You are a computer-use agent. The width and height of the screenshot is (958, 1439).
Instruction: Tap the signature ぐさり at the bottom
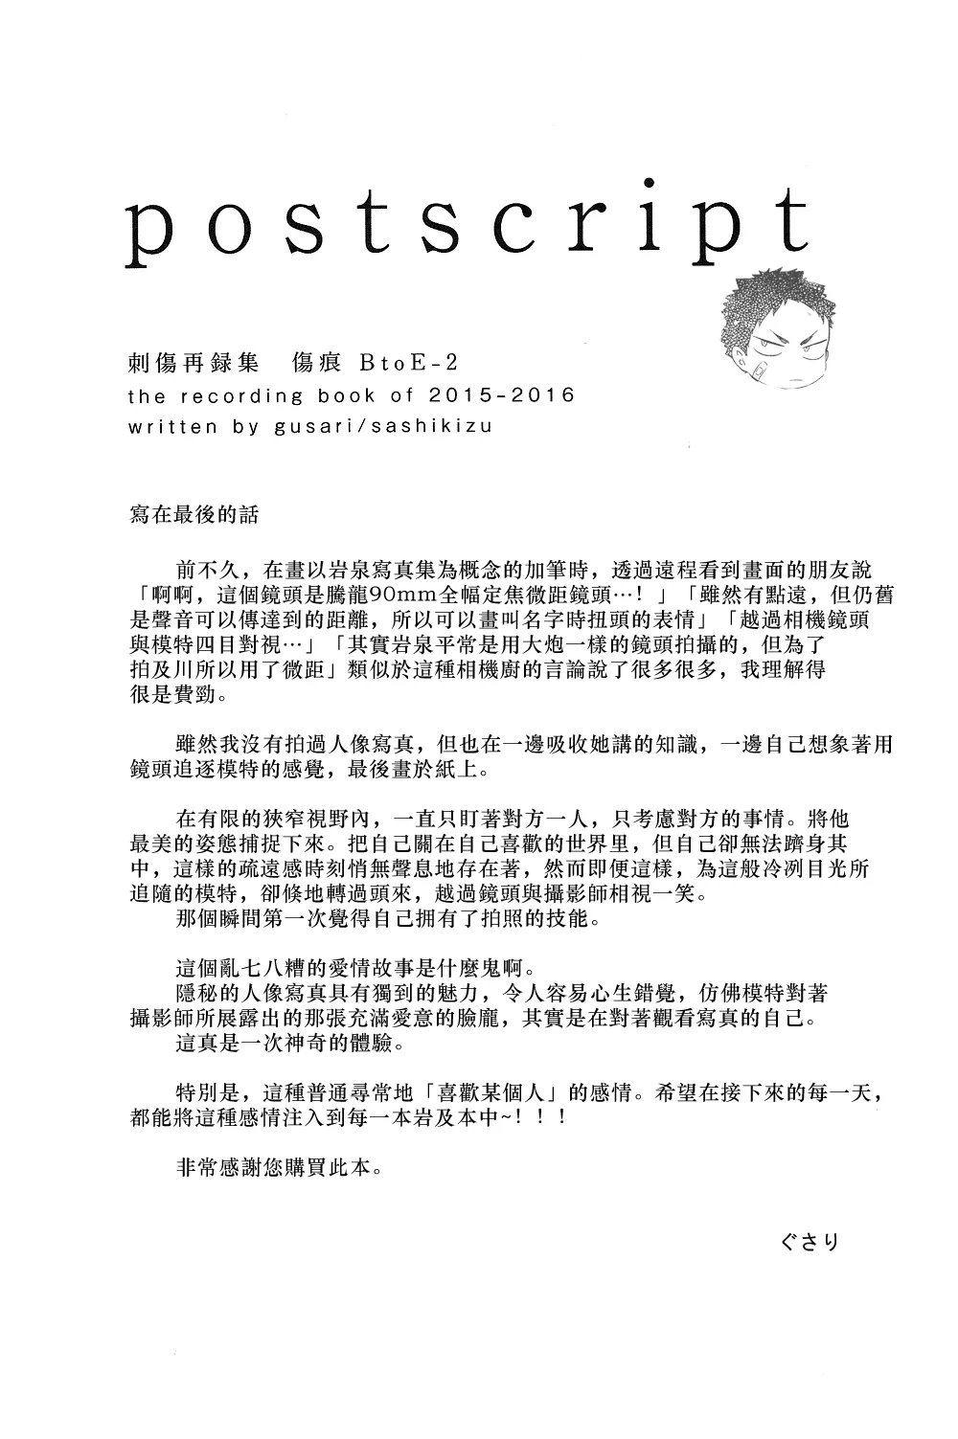click(810, 1242)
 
